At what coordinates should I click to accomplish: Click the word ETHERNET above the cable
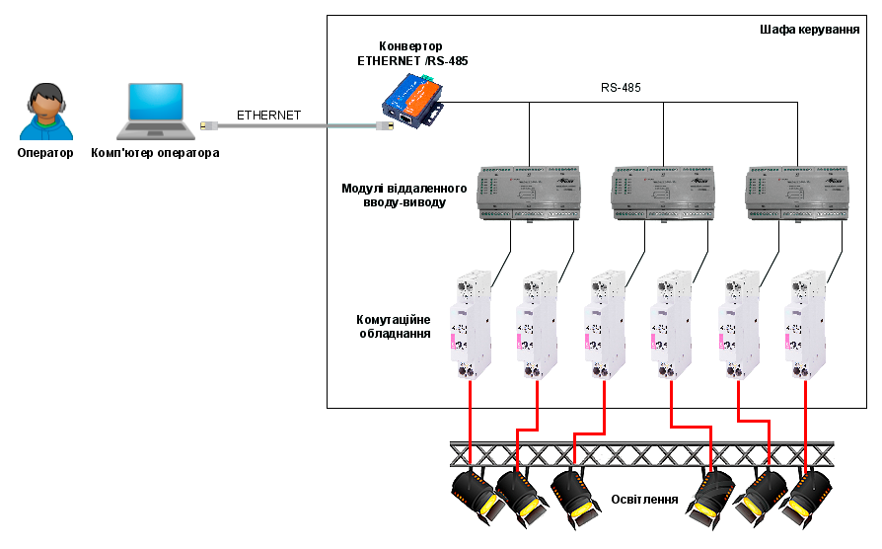[x=268, y=116]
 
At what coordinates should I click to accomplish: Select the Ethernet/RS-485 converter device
[x=412, y=102]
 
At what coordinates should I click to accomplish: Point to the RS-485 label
[x=621, y=88]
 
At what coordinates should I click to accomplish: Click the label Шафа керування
[x=809, y=30]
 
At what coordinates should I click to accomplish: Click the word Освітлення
[x=645, y=499]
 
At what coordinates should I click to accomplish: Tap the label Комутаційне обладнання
[x=394, y=327]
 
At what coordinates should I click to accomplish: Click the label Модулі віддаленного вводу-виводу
[x=394, y=195]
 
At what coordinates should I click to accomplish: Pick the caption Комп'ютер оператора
[x=155, y=153]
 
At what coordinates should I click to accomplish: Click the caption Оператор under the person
[x=45, y=153]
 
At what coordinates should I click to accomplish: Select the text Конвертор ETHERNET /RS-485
[x=412, y=53]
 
